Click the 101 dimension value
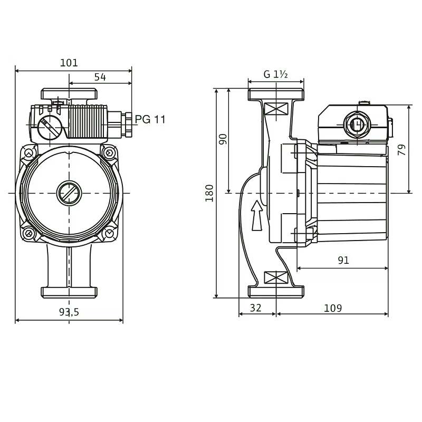[69, 63]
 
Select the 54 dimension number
[100, 77]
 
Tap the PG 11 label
[150, 119]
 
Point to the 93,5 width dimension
[69, 312]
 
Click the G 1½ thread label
[275, 74]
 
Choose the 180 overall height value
[210, 193]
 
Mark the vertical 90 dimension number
[223, 140]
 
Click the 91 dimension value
[343, 261]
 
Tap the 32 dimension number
[255, 308]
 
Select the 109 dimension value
[333, 308]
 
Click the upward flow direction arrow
[257, 215]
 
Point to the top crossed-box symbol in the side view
[275, 109]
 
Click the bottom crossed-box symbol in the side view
[275, 277]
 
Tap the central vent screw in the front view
[69, 193]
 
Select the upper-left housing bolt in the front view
[28, 154]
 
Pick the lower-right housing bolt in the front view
[109, 233]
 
